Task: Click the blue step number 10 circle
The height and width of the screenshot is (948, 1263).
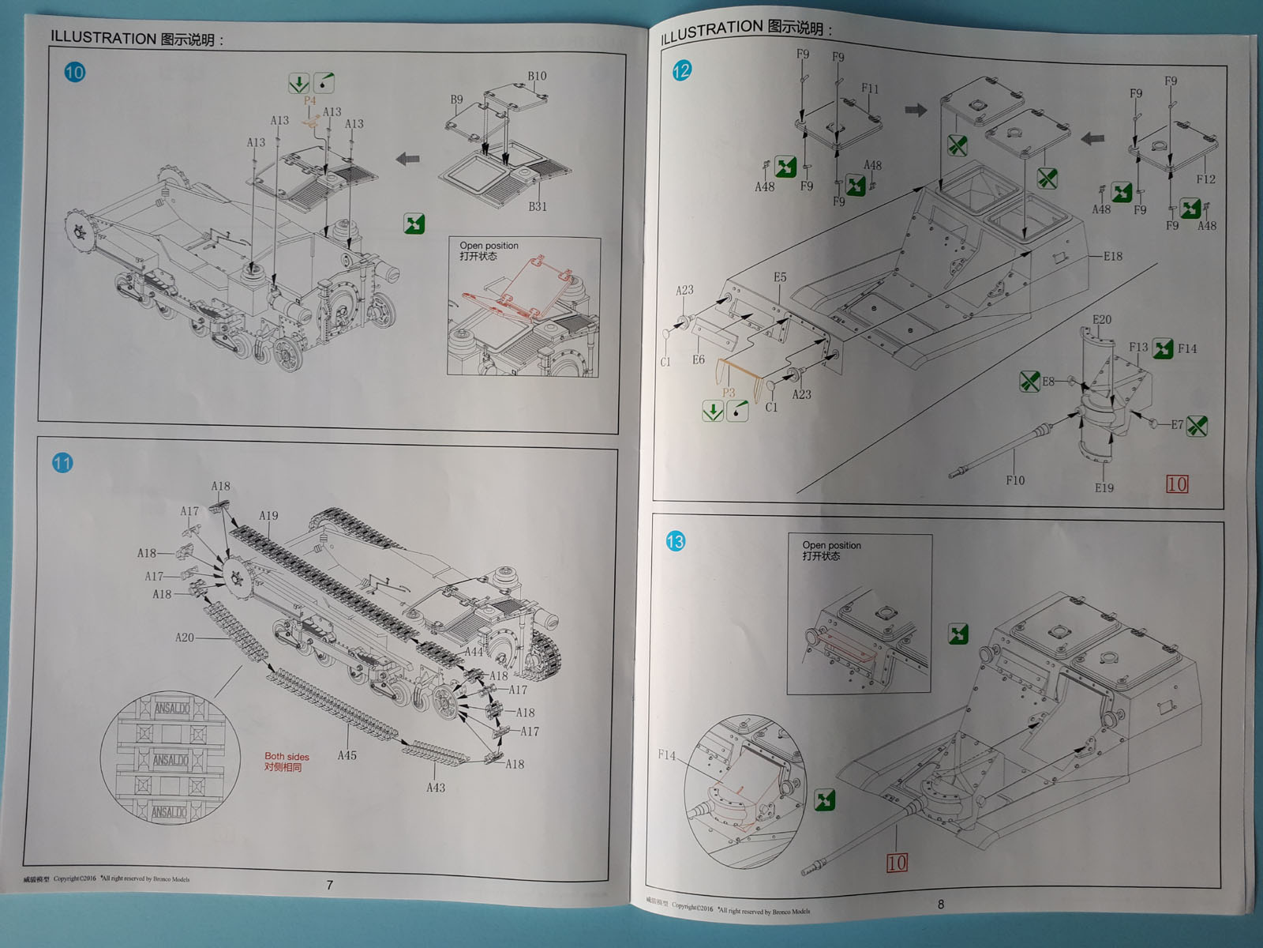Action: point(74,73)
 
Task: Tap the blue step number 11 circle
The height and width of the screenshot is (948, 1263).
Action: point(62,463)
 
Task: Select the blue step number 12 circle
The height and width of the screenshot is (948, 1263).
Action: point(681,71)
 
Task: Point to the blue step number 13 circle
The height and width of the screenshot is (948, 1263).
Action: point(675,541)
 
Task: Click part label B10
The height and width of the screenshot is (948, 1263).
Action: point(537,77)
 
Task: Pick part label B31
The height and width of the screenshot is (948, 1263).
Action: point(538,206)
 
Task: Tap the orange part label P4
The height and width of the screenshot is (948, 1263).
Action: point(309,101)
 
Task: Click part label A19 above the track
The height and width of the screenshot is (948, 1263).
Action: point(268,516)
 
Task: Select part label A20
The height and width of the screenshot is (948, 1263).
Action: point(184,638)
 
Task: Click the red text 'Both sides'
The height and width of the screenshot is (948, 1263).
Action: point(287,757)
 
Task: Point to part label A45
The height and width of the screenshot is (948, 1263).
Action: point(347,755)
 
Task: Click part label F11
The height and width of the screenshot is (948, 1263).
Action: point(870,89)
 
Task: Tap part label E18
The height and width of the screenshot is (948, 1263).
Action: point(1113,256)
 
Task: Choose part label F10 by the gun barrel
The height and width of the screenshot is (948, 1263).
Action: point(1015,480)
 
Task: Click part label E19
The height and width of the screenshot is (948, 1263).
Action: point(1104,488)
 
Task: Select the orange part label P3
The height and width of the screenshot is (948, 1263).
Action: point(729,393)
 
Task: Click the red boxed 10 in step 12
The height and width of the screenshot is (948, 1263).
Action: point(1176,484)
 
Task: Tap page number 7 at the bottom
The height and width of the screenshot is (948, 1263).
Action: point(330,885)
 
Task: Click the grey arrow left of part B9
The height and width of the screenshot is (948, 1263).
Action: point(408,160)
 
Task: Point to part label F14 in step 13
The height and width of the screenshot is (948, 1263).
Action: point(667,755)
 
